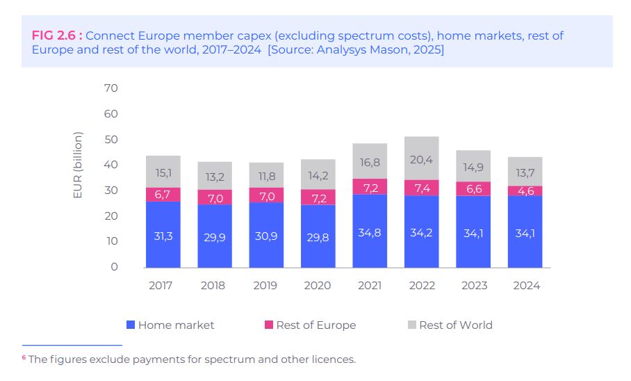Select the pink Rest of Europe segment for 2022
pyautogui.click(x=422, y=188)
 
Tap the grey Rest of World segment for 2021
pyautogui.click(x=370, y=161)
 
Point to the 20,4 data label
pyautogui.click(x=422, y=159)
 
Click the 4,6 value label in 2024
pyautogui.click(x=525, y=191)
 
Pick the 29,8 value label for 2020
pyautogui.click(x=318, y=236)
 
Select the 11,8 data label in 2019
pyautogui.click(x=267, y=176)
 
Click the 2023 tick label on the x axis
pyautogui.click(x=473, y=285)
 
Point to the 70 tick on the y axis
pyautogui.click(x=111, y=88)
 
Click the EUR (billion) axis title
pyautogui.click(x=78, y=165)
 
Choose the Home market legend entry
pyautogui.click(x=176, y=325)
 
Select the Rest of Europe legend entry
pyautogui.click(x=315, y=325)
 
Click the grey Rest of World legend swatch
pyautogui.click(x=412, y=325)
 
